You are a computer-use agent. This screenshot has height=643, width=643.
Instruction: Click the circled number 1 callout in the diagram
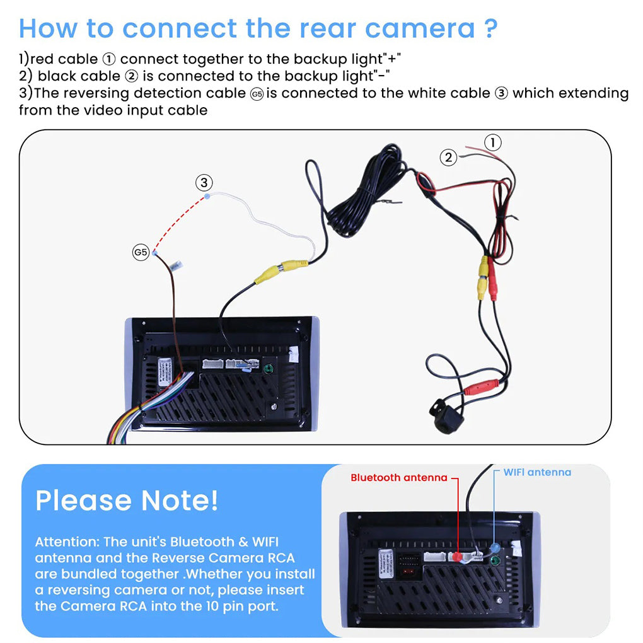pos(493,142)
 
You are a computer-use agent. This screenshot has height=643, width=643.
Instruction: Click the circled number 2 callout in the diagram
pos(448,158)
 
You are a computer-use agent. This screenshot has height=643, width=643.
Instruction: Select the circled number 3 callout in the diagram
pos(203,183)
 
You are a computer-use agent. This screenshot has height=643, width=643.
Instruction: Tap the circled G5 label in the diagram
pos(141,253)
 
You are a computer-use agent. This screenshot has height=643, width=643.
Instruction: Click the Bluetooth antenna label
pos(398,478)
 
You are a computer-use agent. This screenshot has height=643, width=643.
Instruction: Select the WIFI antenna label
pos(537,472)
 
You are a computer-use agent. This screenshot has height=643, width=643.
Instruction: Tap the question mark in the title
pos(490,28)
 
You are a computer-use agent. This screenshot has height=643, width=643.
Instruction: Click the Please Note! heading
pos(127,500)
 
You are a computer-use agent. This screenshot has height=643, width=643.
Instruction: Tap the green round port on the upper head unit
pos(269,369)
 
